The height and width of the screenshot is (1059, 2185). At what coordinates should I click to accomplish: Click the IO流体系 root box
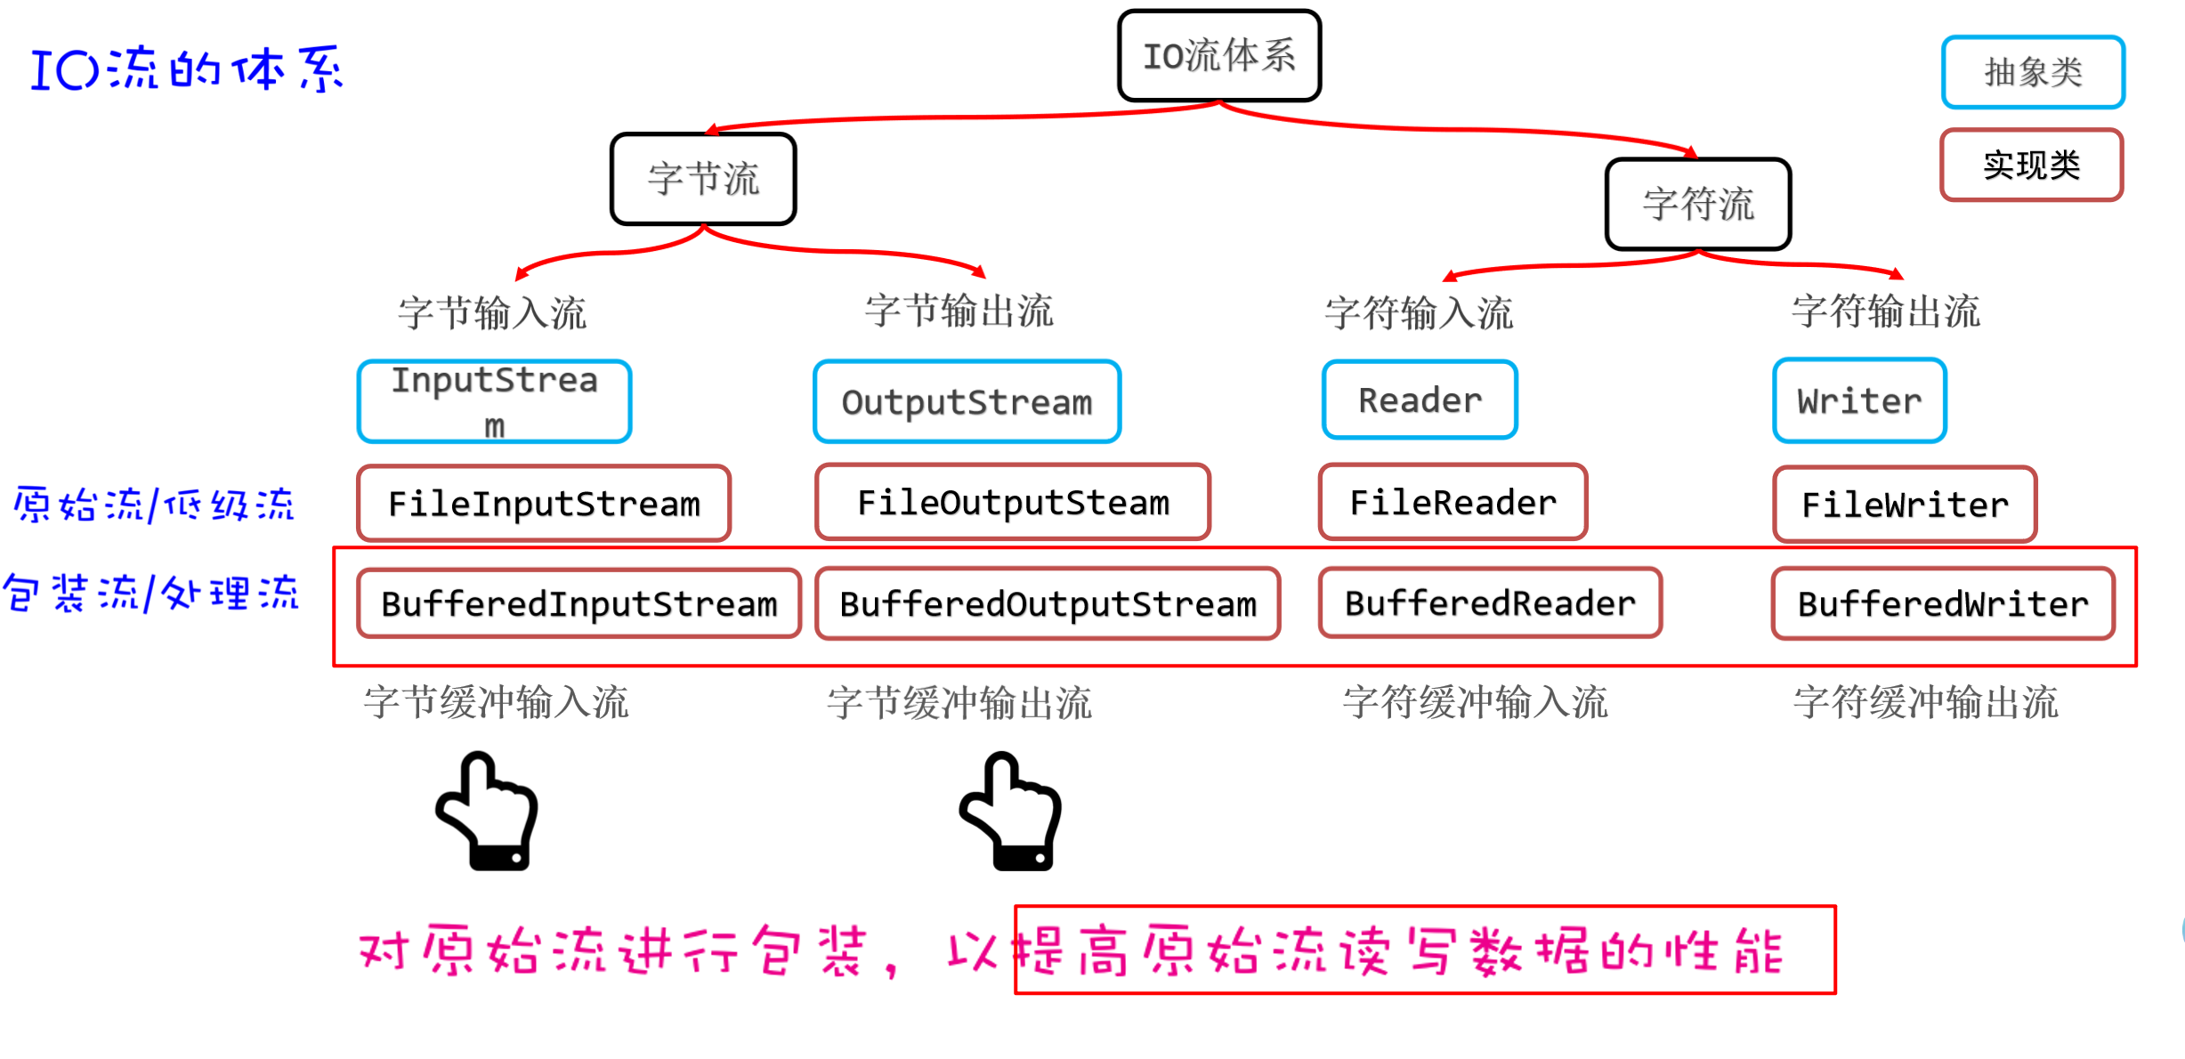tap(1219, 56)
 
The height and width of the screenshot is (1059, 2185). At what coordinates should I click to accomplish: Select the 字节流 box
tap(703, 179)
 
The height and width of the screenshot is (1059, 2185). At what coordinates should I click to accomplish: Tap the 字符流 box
tap(1698, 204)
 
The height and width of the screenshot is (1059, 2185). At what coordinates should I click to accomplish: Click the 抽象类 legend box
tap(2033, 72)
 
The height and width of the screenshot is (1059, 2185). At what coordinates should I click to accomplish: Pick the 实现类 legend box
tap(2032, 165)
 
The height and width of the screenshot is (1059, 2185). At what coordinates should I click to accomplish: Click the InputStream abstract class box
tap(495, 401)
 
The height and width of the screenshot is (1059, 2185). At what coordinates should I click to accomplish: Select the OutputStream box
tap(967, 402)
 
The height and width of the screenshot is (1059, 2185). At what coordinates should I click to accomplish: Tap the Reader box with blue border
tap(1420, 400)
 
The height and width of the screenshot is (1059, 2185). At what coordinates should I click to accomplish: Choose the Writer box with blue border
tap(1859, 401)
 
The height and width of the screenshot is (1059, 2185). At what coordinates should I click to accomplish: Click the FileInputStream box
tap(544, 504)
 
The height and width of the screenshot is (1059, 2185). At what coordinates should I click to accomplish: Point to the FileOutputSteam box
tap(1013, 503)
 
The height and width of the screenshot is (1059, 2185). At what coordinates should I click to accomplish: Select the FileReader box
tap(1453, 503)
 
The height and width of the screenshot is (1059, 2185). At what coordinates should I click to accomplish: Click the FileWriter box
tap(1905, 505)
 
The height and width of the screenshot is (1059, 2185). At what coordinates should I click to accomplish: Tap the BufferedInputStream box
tap(579, 604)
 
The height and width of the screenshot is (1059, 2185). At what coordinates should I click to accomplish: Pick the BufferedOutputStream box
tap(1048, 604)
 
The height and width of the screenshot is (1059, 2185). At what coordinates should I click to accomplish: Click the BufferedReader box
tap(1490, 603)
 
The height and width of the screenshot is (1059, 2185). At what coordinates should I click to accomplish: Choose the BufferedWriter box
tap(1943, 604)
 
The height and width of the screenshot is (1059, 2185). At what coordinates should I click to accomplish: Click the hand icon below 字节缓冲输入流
tap(487, 812)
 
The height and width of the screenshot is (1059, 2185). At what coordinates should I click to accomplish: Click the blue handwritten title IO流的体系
tap(187, 69)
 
